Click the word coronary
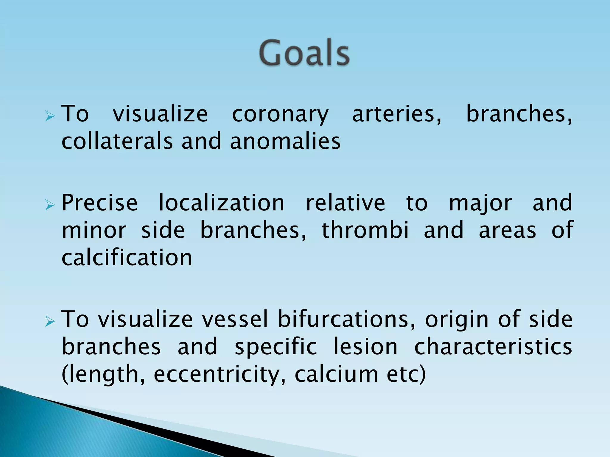pyautogui.click(x=280, y=114)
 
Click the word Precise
pyautogui.click(x=99, y=203)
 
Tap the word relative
pyautogui.click(x=346, y=203)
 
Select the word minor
pyautogui.click(x=94, y=230)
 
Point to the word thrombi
pyautogui.click(x=365, y=230)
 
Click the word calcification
pyautogui.click(x=127, y=258)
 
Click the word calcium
pyautogui.click(x=336, y=374)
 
